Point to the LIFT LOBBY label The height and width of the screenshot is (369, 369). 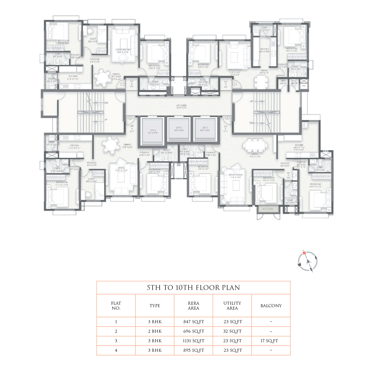coord(182,106)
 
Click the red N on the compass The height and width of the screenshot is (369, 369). coord(304,253)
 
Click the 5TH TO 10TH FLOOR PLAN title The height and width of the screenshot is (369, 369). coord(193,288)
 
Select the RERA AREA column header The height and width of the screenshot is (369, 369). coord(193,306)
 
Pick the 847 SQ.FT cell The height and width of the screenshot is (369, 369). coord(193,322)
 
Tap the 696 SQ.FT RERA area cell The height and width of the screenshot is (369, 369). coord(193,331)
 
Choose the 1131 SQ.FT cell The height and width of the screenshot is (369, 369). coord(193,341)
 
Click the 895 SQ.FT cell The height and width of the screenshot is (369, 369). coord(193,351)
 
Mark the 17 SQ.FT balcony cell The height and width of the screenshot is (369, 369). coord(269,341)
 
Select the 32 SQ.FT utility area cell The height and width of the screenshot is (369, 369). coord(232,331)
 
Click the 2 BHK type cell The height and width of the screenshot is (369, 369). coord(155,331)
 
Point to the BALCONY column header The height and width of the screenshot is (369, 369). coord(271,306)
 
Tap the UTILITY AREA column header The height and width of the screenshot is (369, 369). coord(232,306)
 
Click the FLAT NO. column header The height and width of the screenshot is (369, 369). coord(116,306)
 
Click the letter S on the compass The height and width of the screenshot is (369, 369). coord(311,269)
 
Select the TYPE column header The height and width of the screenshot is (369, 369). coord(155,306)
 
